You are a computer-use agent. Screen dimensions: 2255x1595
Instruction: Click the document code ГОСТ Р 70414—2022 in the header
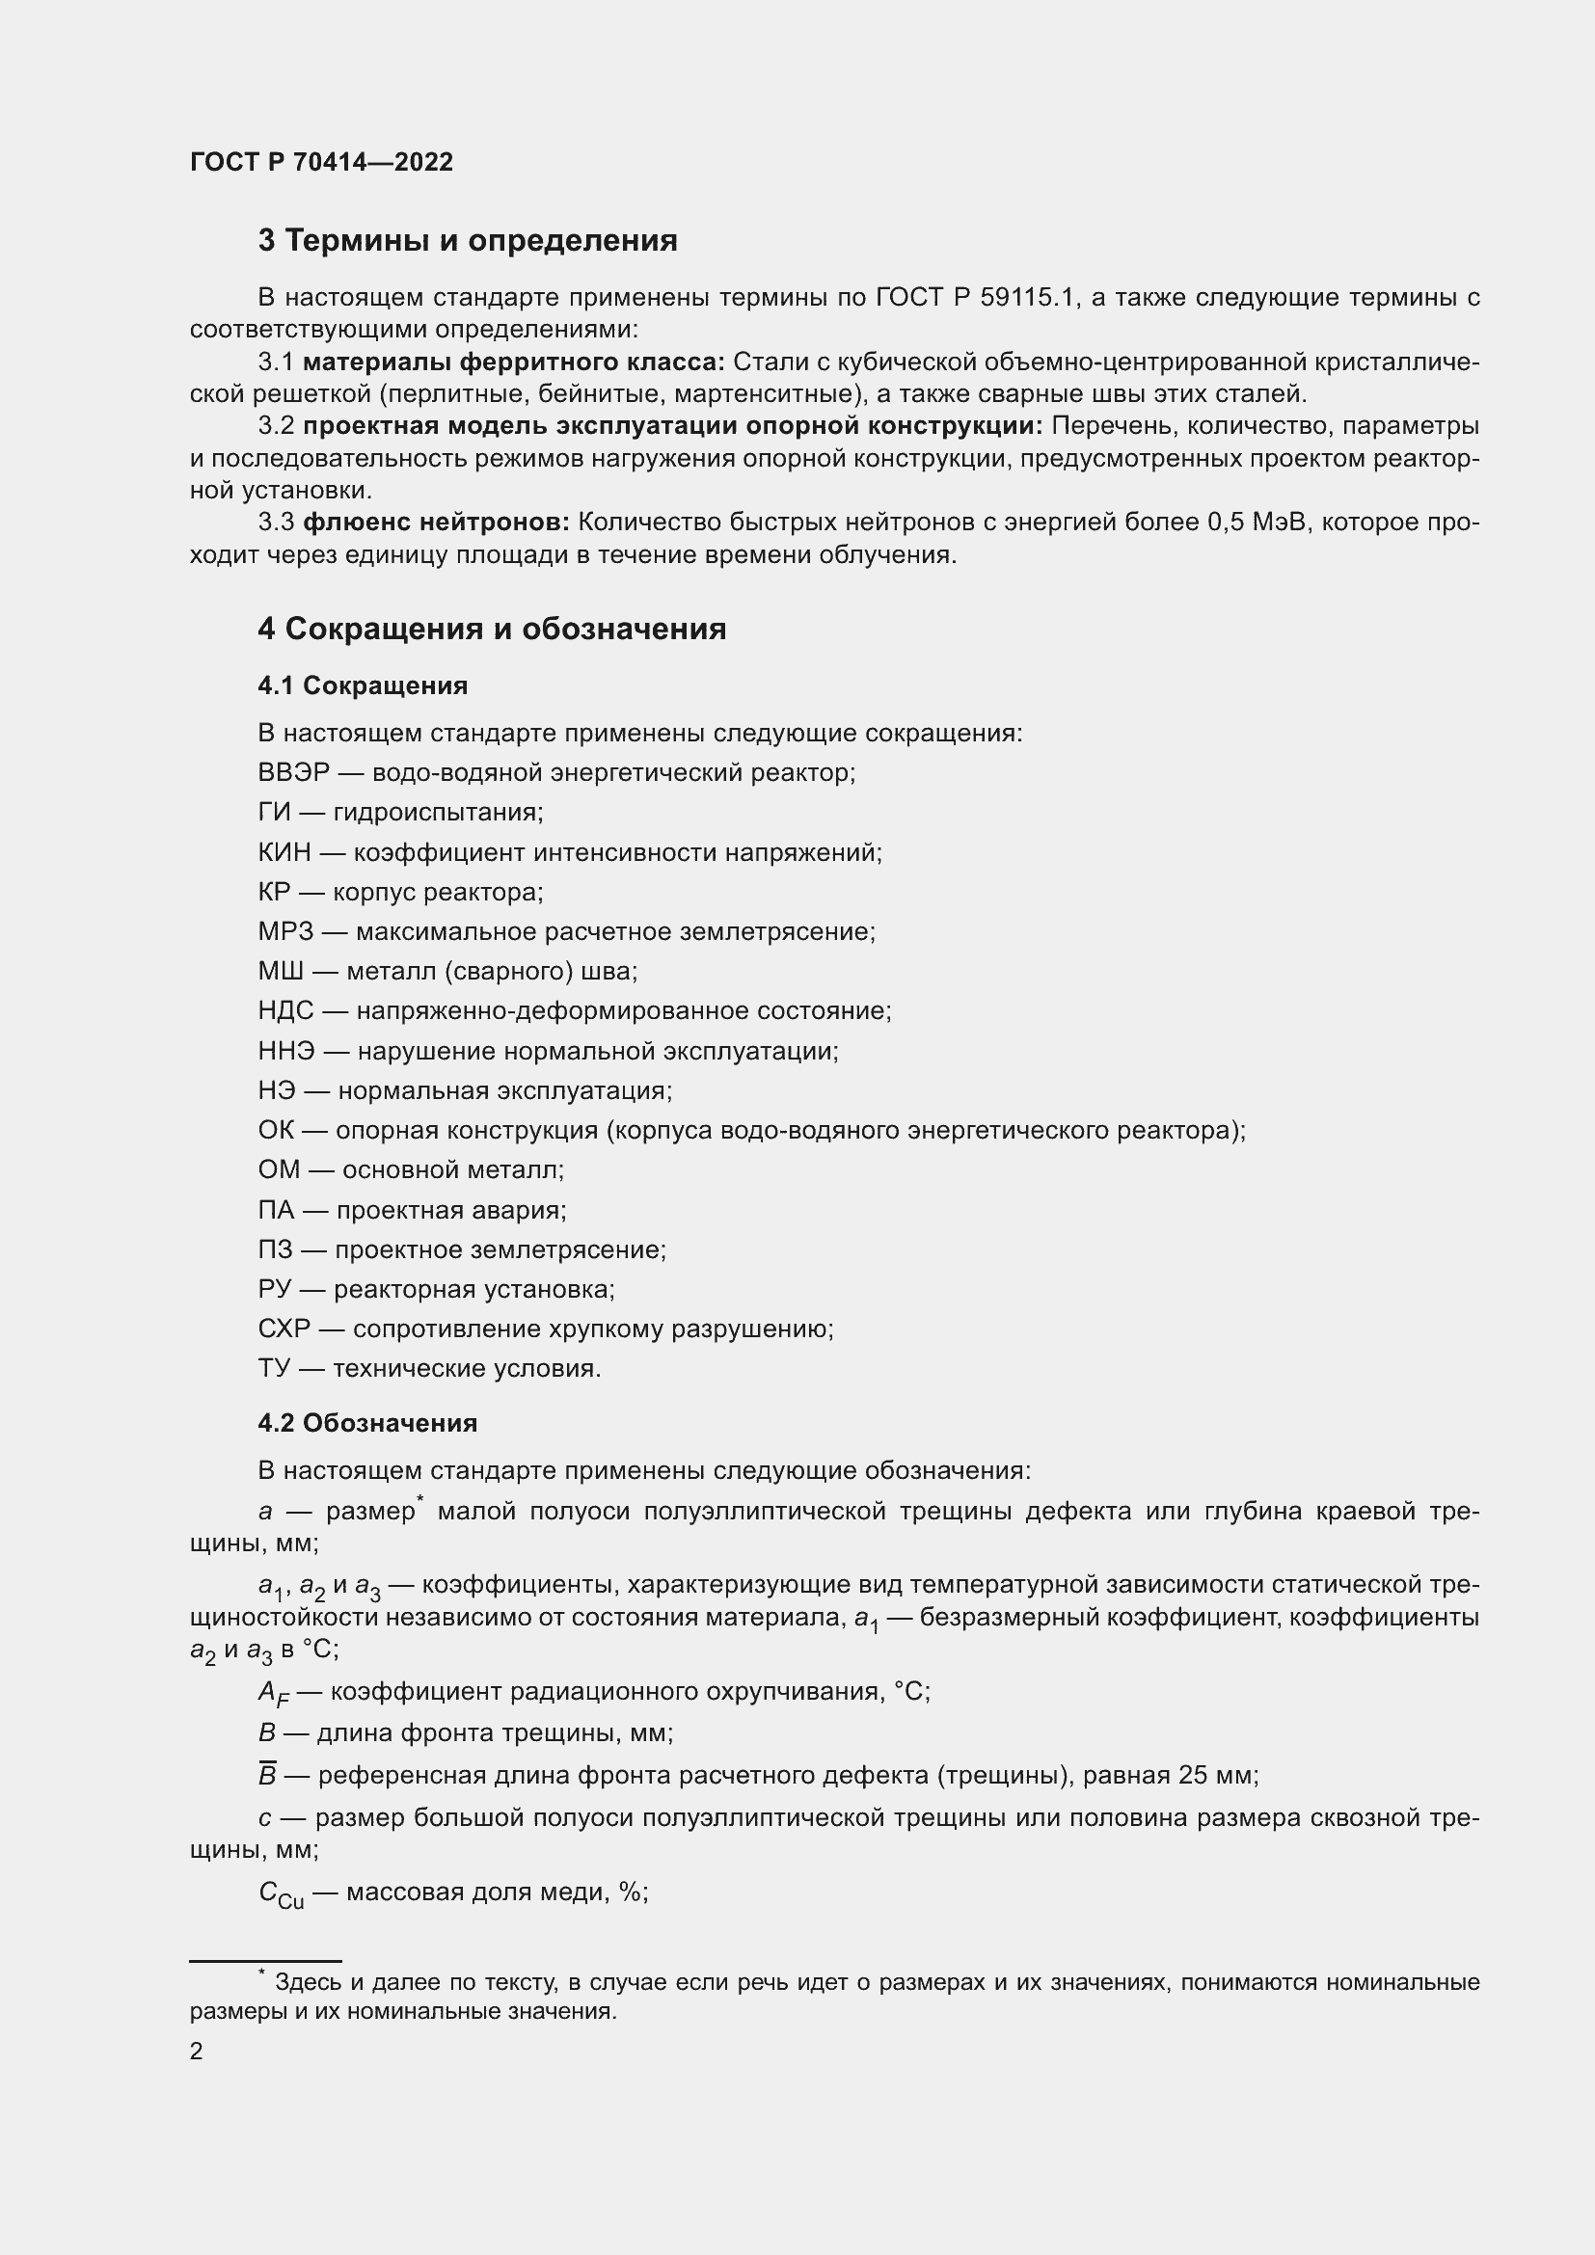[321, 162]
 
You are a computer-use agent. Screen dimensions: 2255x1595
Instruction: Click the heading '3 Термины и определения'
[468, 241]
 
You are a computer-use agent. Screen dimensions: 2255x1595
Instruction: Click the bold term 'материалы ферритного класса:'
[514, 362]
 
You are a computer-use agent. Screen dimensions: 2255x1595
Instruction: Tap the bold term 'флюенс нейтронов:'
[436, 523]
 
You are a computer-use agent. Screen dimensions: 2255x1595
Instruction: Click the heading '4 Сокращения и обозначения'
[491, 629]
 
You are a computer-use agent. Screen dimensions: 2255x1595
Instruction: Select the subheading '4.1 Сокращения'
[363, 685]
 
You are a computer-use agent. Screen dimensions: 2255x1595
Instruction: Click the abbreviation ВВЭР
[293, 773]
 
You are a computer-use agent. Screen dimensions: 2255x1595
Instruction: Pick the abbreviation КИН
[284, 852]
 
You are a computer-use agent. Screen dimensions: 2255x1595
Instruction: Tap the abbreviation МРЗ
[284, 932]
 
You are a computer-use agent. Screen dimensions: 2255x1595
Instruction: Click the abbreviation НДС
[285, 1011]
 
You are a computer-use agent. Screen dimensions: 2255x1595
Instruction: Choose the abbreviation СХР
[284, 1329]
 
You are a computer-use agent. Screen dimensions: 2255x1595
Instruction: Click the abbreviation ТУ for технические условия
[275, 1369]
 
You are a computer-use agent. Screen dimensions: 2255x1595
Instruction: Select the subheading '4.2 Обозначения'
[367, 1423]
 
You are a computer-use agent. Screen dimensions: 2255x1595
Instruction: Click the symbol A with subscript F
[273, 1693]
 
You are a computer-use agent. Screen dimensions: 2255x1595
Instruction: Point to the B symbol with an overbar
[267, 1775]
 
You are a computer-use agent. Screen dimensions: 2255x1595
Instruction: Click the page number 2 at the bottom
[197, 2052]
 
